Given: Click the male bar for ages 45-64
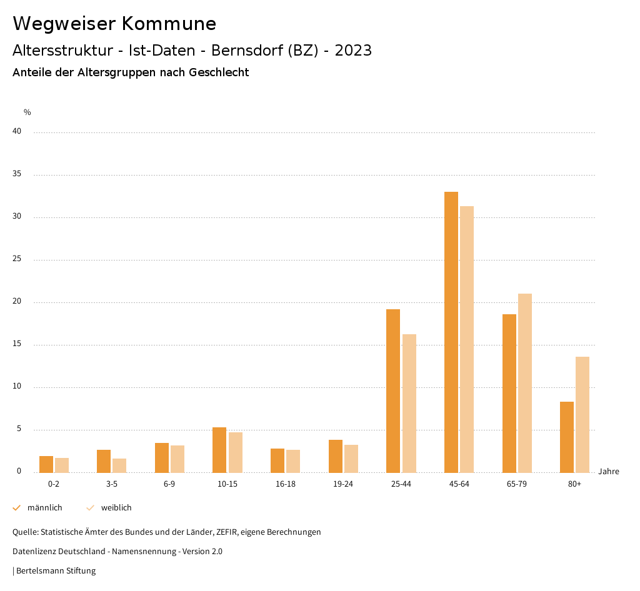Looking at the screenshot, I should [x=451, y=332].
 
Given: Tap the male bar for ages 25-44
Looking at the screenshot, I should [x=393, y=390].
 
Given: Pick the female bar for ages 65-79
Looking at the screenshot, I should [x=525, y=383].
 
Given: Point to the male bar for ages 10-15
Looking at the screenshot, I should [x=219, y=450].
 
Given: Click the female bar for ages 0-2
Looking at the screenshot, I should [x=62, y=465].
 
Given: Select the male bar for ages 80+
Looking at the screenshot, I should [x=567, y=437].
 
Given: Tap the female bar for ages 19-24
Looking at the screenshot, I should [x=351, y=459].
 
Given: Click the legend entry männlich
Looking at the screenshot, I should [x=44, y=508].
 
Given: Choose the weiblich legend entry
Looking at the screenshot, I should [x=116, y=508].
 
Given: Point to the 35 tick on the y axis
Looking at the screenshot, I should [x=17, y=174].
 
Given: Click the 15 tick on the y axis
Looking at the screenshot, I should [x=17, y=344].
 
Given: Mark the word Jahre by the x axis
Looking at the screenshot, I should [x=609, y=472].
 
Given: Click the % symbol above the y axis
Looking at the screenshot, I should [x=27, y=112].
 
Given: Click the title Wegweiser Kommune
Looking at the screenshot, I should [x=114, y=24].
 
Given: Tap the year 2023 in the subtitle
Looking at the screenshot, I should [x=353, y=51].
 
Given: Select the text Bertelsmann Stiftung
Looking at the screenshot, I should [x=56, y=571].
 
